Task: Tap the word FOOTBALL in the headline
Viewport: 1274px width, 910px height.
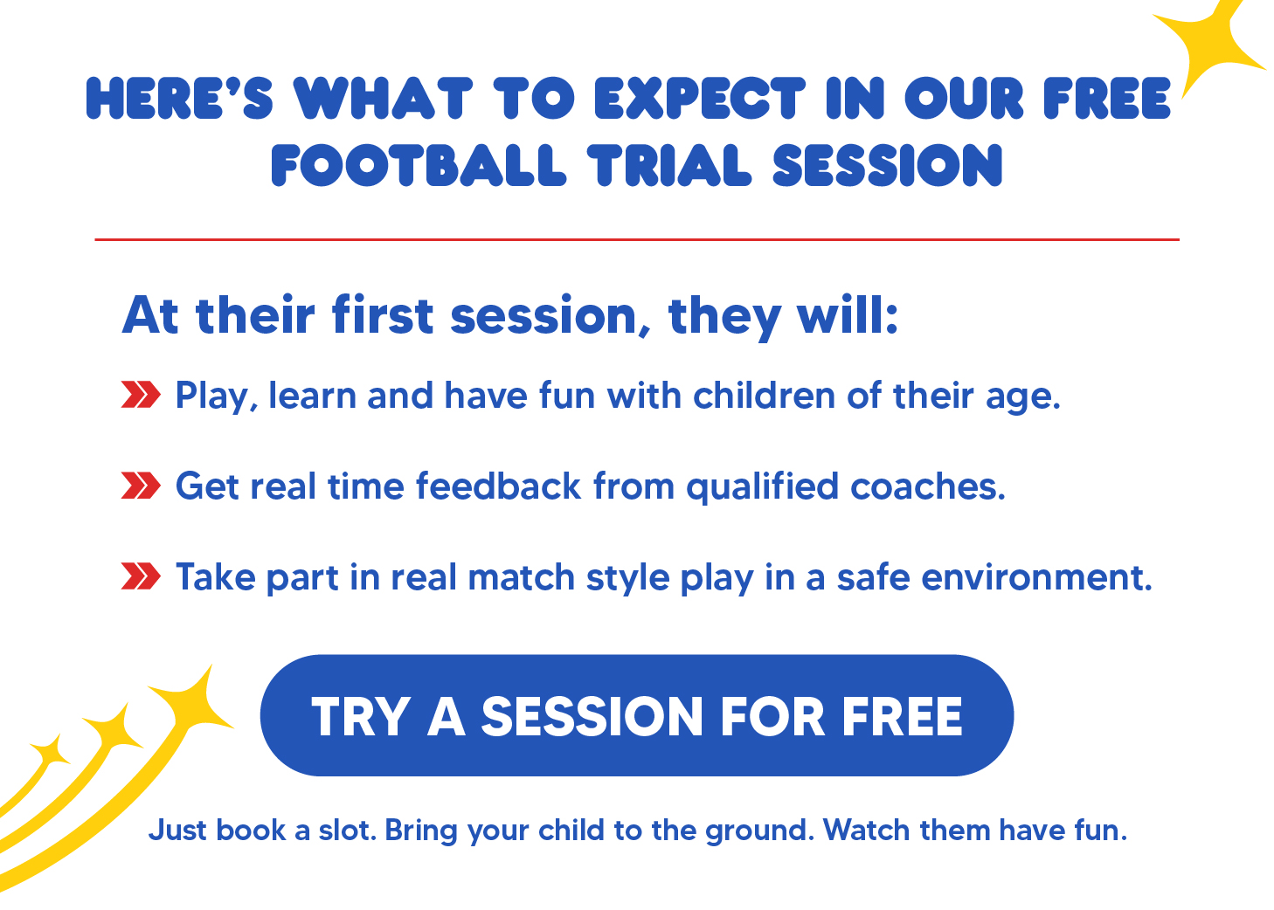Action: coord(419,165)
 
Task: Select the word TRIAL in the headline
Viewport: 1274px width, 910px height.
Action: coord(669,165)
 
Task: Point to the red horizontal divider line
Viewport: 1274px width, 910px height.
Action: coord(637,240)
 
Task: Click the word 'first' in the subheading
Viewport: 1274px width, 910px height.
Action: coord(383,314)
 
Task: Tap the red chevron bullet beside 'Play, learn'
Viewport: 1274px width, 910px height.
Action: coord(141,395)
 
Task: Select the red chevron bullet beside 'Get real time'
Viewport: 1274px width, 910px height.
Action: coord(141,486)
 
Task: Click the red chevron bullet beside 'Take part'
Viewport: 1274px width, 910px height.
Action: coord(141,576)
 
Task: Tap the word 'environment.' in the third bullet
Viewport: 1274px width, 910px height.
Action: coord(1036,577)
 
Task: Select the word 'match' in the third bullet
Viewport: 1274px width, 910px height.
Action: coord(521,577)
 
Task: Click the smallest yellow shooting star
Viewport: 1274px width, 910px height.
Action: coord(50,751)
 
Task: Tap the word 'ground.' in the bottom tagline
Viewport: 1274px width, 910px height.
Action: coord(759,831)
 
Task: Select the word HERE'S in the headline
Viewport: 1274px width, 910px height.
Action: coord(180,99)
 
